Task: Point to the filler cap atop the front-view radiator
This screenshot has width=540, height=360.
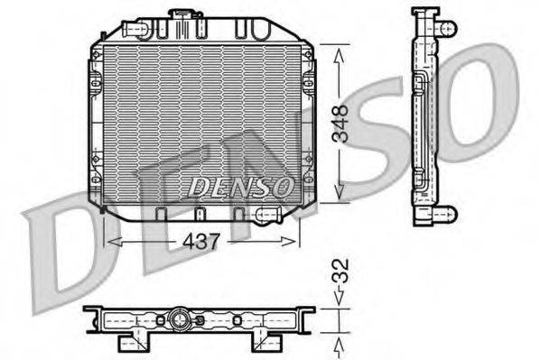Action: pos(186,16)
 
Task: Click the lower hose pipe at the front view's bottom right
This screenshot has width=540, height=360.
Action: pos(268,214)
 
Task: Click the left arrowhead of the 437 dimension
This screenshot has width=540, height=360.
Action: pos(110,240)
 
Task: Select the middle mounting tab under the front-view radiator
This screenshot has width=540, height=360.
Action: pos(199,214)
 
